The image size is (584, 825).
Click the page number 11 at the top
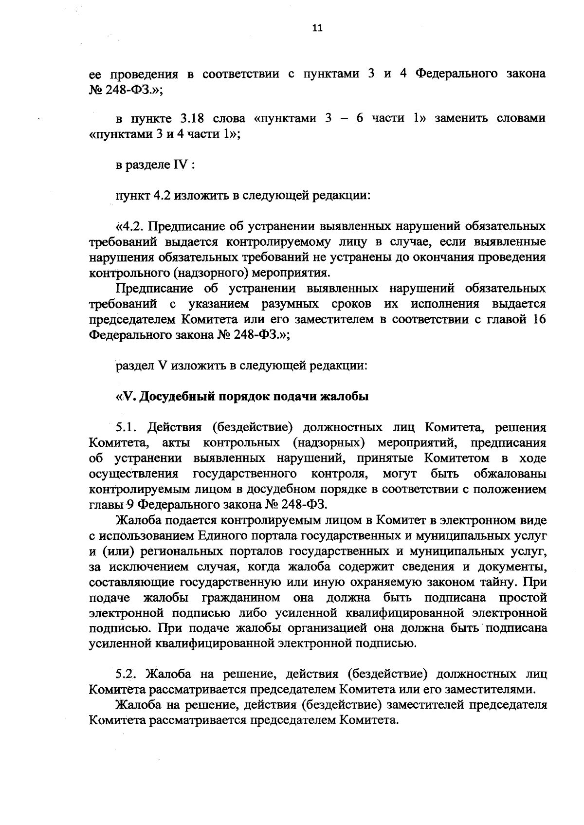[x=317, y=28]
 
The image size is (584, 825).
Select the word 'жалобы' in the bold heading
[x=347, y=397]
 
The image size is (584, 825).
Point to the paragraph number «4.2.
[x=129, y=227]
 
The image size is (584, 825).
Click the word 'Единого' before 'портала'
[x=221, y=536]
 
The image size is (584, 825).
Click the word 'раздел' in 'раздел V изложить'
[x=133, y=366]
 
